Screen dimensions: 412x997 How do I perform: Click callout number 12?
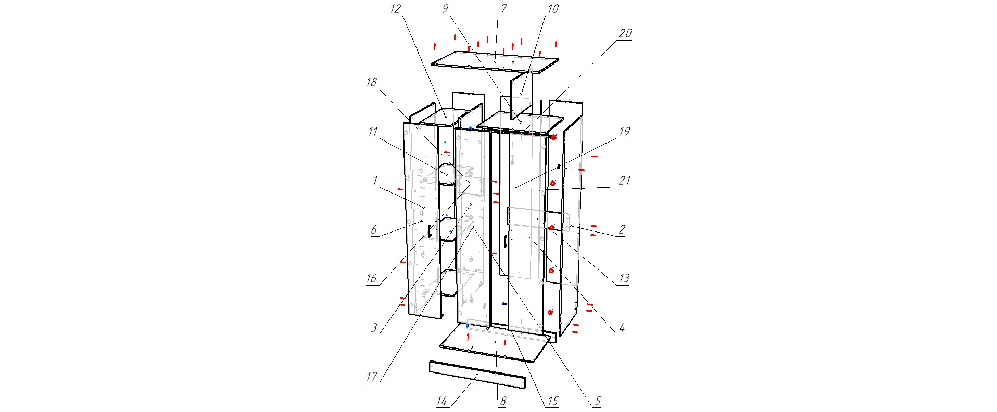396,9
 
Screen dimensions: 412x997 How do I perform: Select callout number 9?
445,9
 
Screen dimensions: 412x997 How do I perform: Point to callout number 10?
552,9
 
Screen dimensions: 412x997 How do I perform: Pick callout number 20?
625,33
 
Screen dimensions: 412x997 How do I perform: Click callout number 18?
371,82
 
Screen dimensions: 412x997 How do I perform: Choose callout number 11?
373,132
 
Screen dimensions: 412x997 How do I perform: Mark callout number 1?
375,181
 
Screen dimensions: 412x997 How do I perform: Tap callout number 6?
374,229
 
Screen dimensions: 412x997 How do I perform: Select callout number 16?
371,278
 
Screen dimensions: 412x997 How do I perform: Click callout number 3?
374,328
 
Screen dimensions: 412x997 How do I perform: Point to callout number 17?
372,377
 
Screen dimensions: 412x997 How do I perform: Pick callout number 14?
441,401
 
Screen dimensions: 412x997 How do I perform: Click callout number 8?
503,401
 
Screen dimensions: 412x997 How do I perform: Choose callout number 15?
552,401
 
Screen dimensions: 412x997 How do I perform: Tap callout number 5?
598,401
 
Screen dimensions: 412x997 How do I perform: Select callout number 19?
624,132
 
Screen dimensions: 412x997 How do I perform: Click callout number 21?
624,181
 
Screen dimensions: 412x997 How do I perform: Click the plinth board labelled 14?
477,375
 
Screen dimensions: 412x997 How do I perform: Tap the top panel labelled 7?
495,62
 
